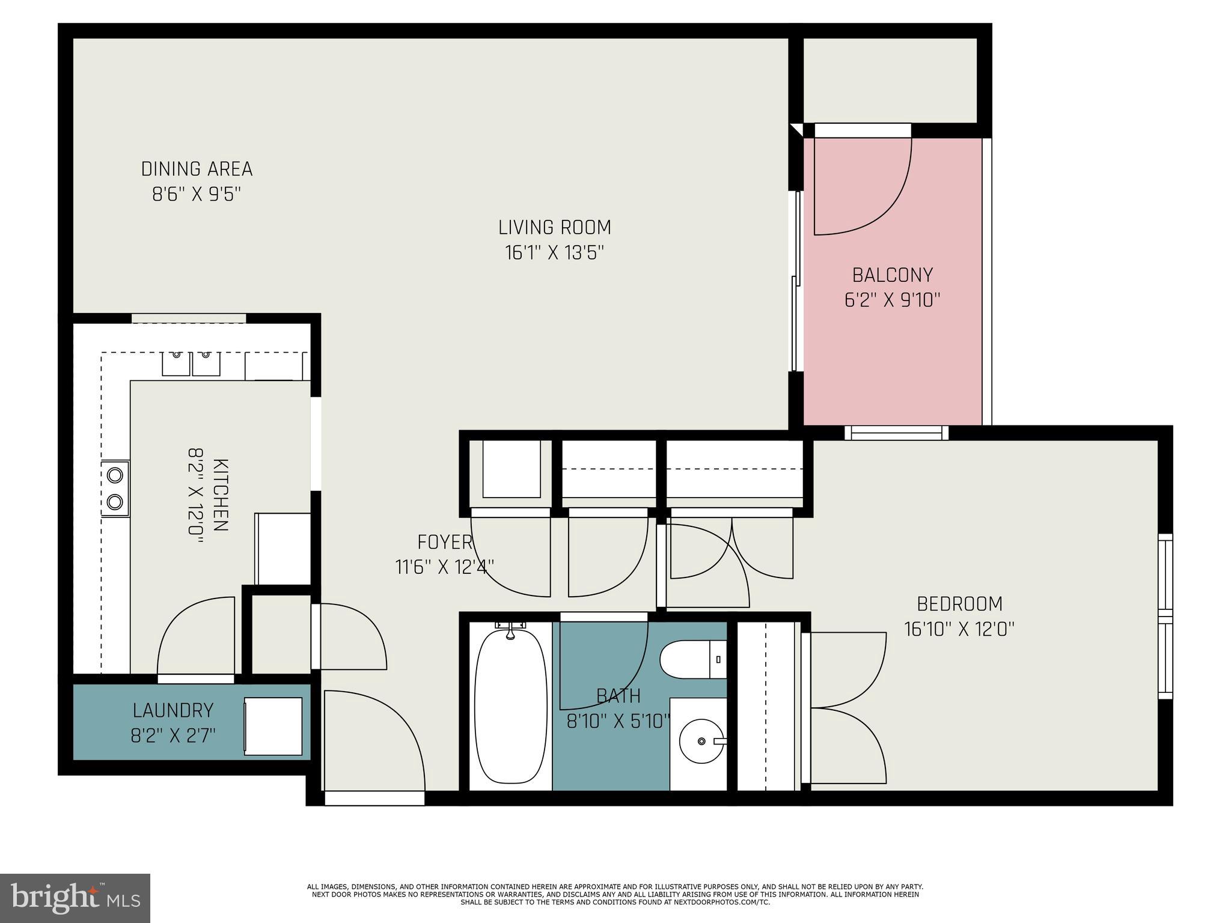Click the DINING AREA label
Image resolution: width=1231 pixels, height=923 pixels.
click(x=197, y=169)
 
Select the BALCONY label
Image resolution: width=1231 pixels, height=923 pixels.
click(x=892, y=275)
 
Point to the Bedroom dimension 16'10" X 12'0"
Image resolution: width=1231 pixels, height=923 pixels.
click(x=959, y=629)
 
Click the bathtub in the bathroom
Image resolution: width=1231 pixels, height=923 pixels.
click(x=510, y=705)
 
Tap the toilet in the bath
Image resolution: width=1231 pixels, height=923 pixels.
click(x=691, y=659)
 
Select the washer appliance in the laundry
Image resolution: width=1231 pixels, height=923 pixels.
click(x=273, y=726)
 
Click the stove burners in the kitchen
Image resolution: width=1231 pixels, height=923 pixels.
click(x=115, y=488)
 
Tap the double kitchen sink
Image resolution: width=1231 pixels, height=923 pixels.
click(x=191, y=364)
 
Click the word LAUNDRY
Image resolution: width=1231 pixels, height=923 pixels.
click(x=173, y=710)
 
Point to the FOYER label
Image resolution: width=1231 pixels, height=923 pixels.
click(x=444, y=542)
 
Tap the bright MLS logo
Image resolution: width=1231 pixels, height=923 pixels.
click(x=75, y=898)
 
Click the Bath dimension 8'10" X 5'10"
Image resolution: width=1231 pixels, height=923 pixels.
click(x=618, y=720)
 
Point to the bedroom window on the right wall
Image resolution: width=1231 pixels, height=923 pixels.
click(x=1165, y=616)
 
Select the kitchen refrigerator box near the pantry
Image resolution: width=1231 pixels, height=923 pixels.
click(x=283, y=548)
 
